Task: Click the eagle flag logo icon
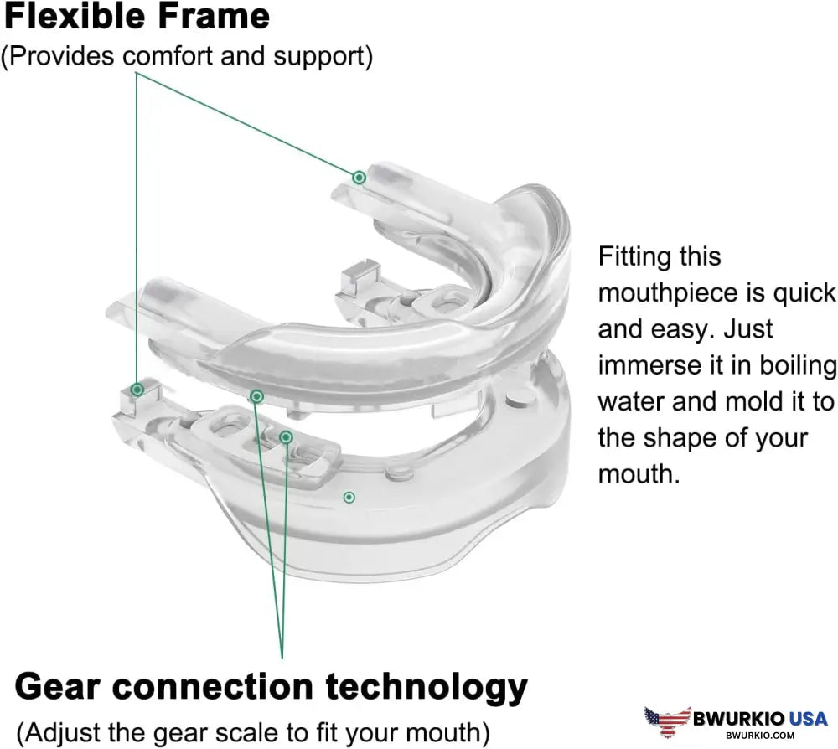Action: (x=668, y=721)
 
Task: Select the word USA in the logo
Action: (x=808, y=719)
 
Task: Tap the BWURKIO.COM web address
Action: (x=760, y=735)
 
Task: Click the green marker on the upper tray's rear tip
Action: (x=360, y=178)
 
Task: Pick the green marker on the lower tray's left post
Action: (x=137, y=389)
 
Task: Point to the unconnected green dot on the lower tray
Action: (x=349, y=498)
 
